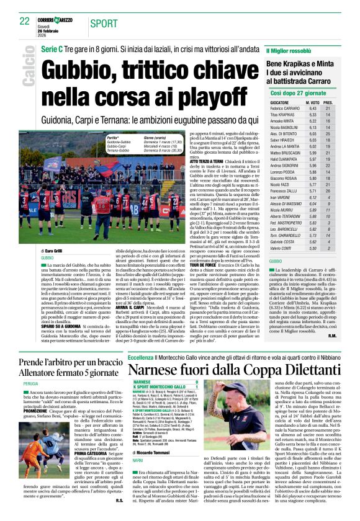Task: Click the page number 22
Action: (25, 22)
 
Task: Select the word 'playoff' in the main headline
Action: (204, 97)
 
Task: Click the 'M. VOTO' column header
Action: (313, 101)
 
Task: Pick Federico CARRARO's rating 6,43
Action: (313, 108)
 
